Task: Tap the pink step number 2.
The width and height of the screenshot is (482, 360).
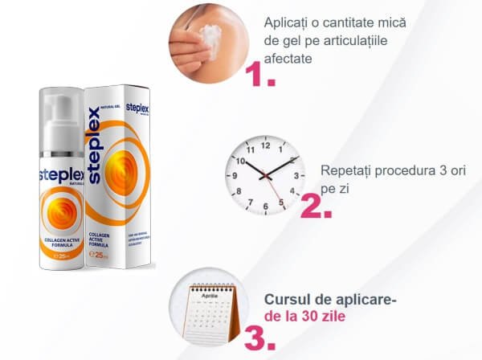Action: click(x=316, y=207)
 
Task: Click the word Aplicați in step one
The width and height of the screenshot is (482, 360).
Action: click(x=288, y=22)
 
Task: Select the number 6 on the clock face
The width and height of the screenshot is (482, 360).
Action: click(x=265, y=207)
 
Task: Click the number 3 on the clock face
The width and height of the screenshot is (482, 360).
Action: click(x=296, y=176)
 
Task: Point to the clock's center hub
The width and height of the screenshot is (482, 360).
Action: click(x=265, y=177)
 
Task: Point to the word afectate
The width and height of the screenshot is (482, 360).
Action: click(x=291, y=59)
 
